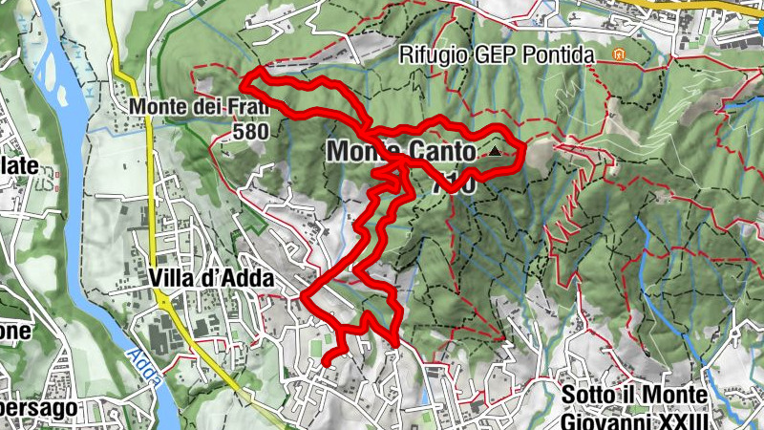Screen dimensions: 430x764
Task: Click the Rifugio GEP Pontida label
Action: click(497, 55)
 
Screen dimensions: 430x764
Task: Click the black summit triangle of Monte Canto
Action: click(495, 151)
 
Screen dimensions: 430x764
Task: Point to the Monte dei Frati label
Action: click(199, 106)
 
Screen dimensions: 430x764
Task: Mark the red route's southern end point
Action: click(324, 364)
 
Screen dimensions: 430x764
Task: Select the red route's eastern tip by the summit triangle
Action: click(524, 148)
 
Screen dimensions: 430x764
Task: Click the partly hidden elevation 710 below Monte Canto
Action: click(453, 186)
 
